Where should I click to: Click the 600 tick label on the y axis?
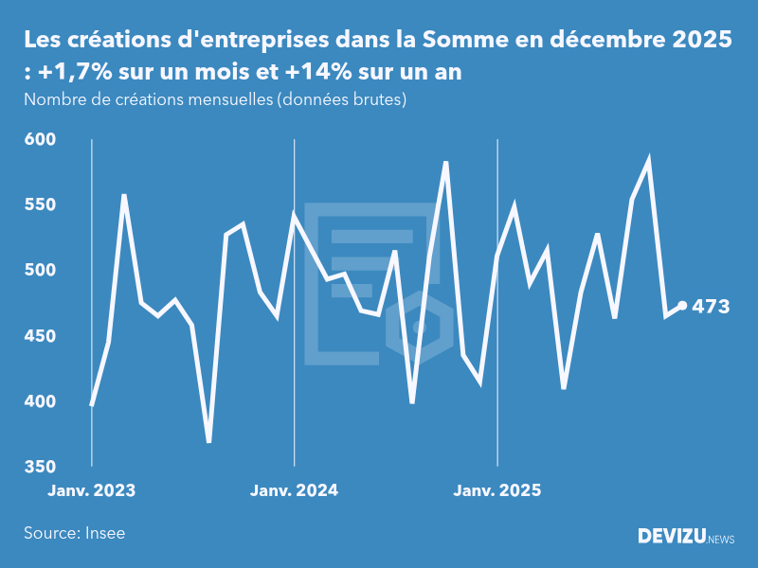click(x=39, y=139)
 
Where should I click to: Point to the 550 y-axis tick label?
click(x=39, y=204)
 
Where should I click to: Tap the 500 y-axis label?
click(x=39, y=270)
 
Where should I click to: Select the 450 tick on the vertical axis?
click(x=39, y=336)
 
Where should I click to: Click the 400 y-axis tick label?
click(x=39, y=401)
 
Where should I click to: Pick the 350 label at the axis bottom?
click(x=39, y=467)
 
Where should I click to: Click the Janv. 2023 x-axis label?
click(x=91, y=490)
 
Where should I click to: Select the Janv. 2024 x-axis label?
click(x=294, y=490)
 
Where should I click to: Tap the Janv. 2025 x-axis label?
click(x=497, y=490)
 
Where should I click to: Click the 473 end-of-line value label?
click(x=711, y=306)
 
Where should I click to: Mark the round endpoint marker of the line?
click(x=682, y=306)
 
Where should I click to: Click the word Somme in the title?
click(x=463, y=41)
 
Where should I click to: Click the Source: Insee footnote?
click(x=74, y=533)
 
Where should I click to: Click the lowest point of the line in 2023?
click(x=208, y=441)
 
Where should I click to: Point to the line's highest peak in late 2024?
click(x=446, y=163)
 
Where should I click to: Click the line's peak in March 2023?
click(x=125, y=195)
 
